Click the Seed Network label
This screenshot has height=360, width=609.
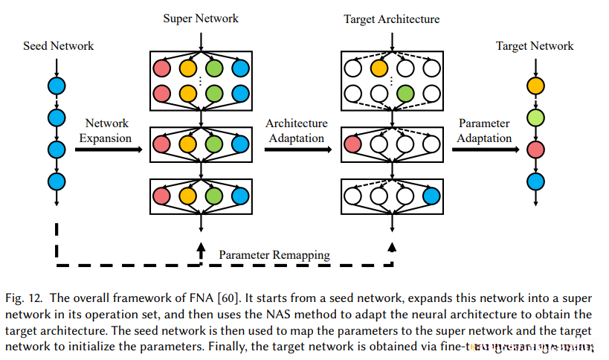point(59,46)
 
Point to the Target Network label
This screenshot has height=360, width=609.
point(535,46)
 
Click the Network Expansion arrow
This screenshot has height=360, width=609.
point(108,150)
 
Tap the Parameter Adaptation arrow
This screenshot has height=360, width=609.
point(484,150)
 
